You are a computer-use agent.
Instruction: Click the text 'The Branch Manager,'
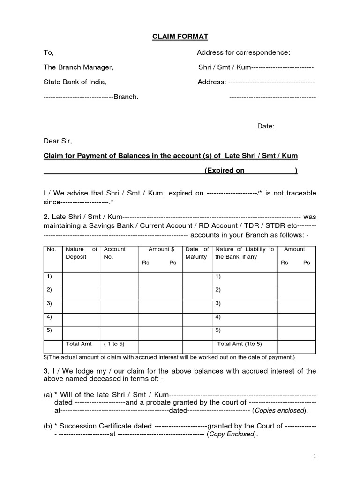tap(78, 67)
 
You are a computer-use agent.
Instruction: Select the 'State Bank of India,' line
tap(75, 82)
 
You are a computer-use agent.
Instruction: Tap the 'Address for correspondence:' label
tap(243, 52)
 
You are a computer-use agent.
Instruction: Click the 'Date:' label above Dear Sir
tap(266, 126)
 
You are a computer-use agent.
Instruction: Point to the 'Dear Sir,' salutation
tap(58, 141)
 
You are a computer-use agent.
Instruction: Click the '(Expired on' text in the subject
tap(225, 171)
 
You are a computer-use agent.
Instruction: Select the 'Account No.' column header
tap(115, 253)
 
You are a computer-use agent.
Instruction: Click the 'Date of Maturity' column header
tap(197, 253)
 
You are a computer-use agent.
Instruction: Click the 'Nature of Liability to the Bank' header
tap(244, 253)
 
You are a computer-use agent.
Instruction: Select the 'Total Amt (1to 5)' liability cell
tap(240, 344)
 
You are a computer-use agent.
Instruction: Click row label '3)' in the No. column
tap(49, 303)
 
